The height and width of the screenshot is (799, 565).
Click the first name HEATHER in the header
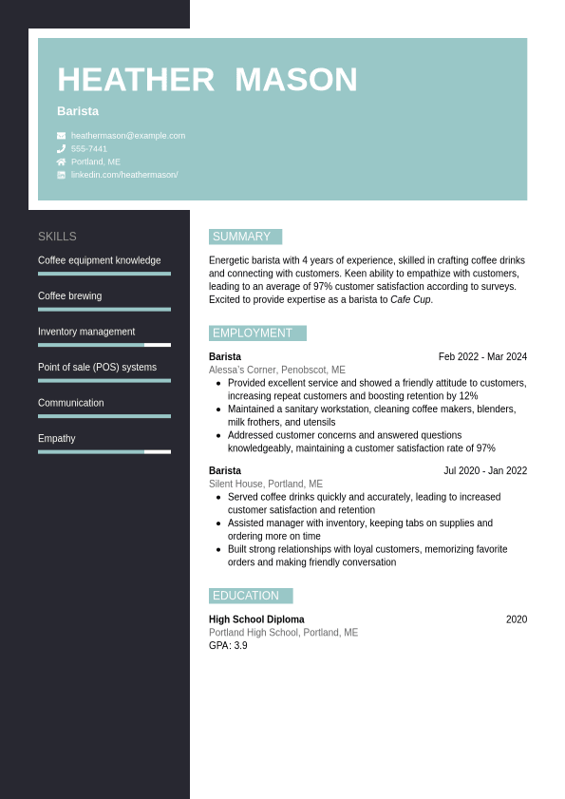tap(136, 80)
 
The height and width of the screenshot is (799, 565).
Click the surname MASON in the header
tap(295, 80)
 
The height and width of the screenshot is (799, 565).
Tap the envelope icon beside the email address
tap(61, 136)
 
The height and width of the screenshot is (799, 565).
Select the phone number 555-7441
tap(89, 149)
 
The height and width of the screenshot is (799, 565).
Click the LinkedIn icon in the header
tap(61, 175)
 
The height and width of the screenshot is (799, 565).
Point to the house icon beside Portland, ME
tap(61, 162)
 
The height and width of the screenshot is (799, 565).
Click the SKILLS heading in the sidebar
tap(57, 237)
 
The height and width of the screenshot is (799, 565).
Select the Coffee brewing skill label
tap(69, 296)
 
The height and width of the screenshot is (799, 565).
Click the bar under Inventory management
tap(104, 345)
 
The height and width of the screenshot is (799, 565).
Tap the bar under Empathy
tap(104, 451)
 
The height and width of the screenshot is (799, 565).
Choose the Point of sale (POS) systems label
tap(97, 368)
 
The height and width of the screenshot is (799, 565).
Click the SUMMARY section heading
tap(242, 237)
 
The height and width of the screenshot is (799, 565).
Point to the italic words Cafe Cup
tap(410, 300)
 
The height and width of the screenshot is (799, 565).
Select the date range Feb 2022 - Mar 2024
tap(482, 357)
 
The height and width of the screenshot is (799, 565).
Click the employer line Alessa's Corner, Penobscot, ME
tap(277, 371)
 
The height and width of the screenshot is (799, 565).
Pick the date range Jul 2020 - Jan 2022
tap(484, 471)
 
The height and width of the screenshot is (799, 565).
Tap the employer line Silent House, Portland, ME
tap(266, 485)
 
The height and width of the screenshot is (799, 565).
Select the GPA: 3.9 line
tap(228, 646)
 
